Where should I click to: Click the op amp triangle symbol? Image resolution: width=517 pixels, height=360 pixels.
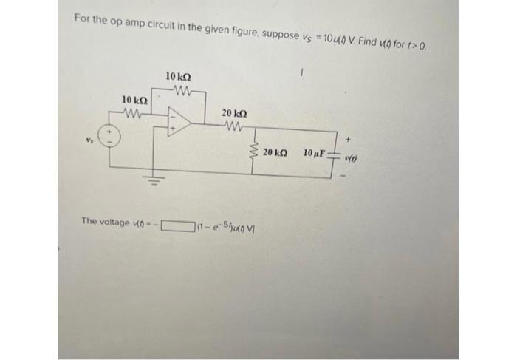pos(178,121)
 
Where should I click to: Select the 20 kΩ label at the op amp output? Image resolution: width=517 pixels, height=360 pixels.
pos(234,112)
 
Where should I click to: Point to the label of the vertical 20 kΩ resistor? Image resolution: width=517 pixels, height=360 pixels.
pos(276,153)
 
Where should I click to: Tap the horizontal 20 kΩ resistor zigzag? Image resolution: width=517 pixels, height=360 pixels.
pos(233,124)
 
